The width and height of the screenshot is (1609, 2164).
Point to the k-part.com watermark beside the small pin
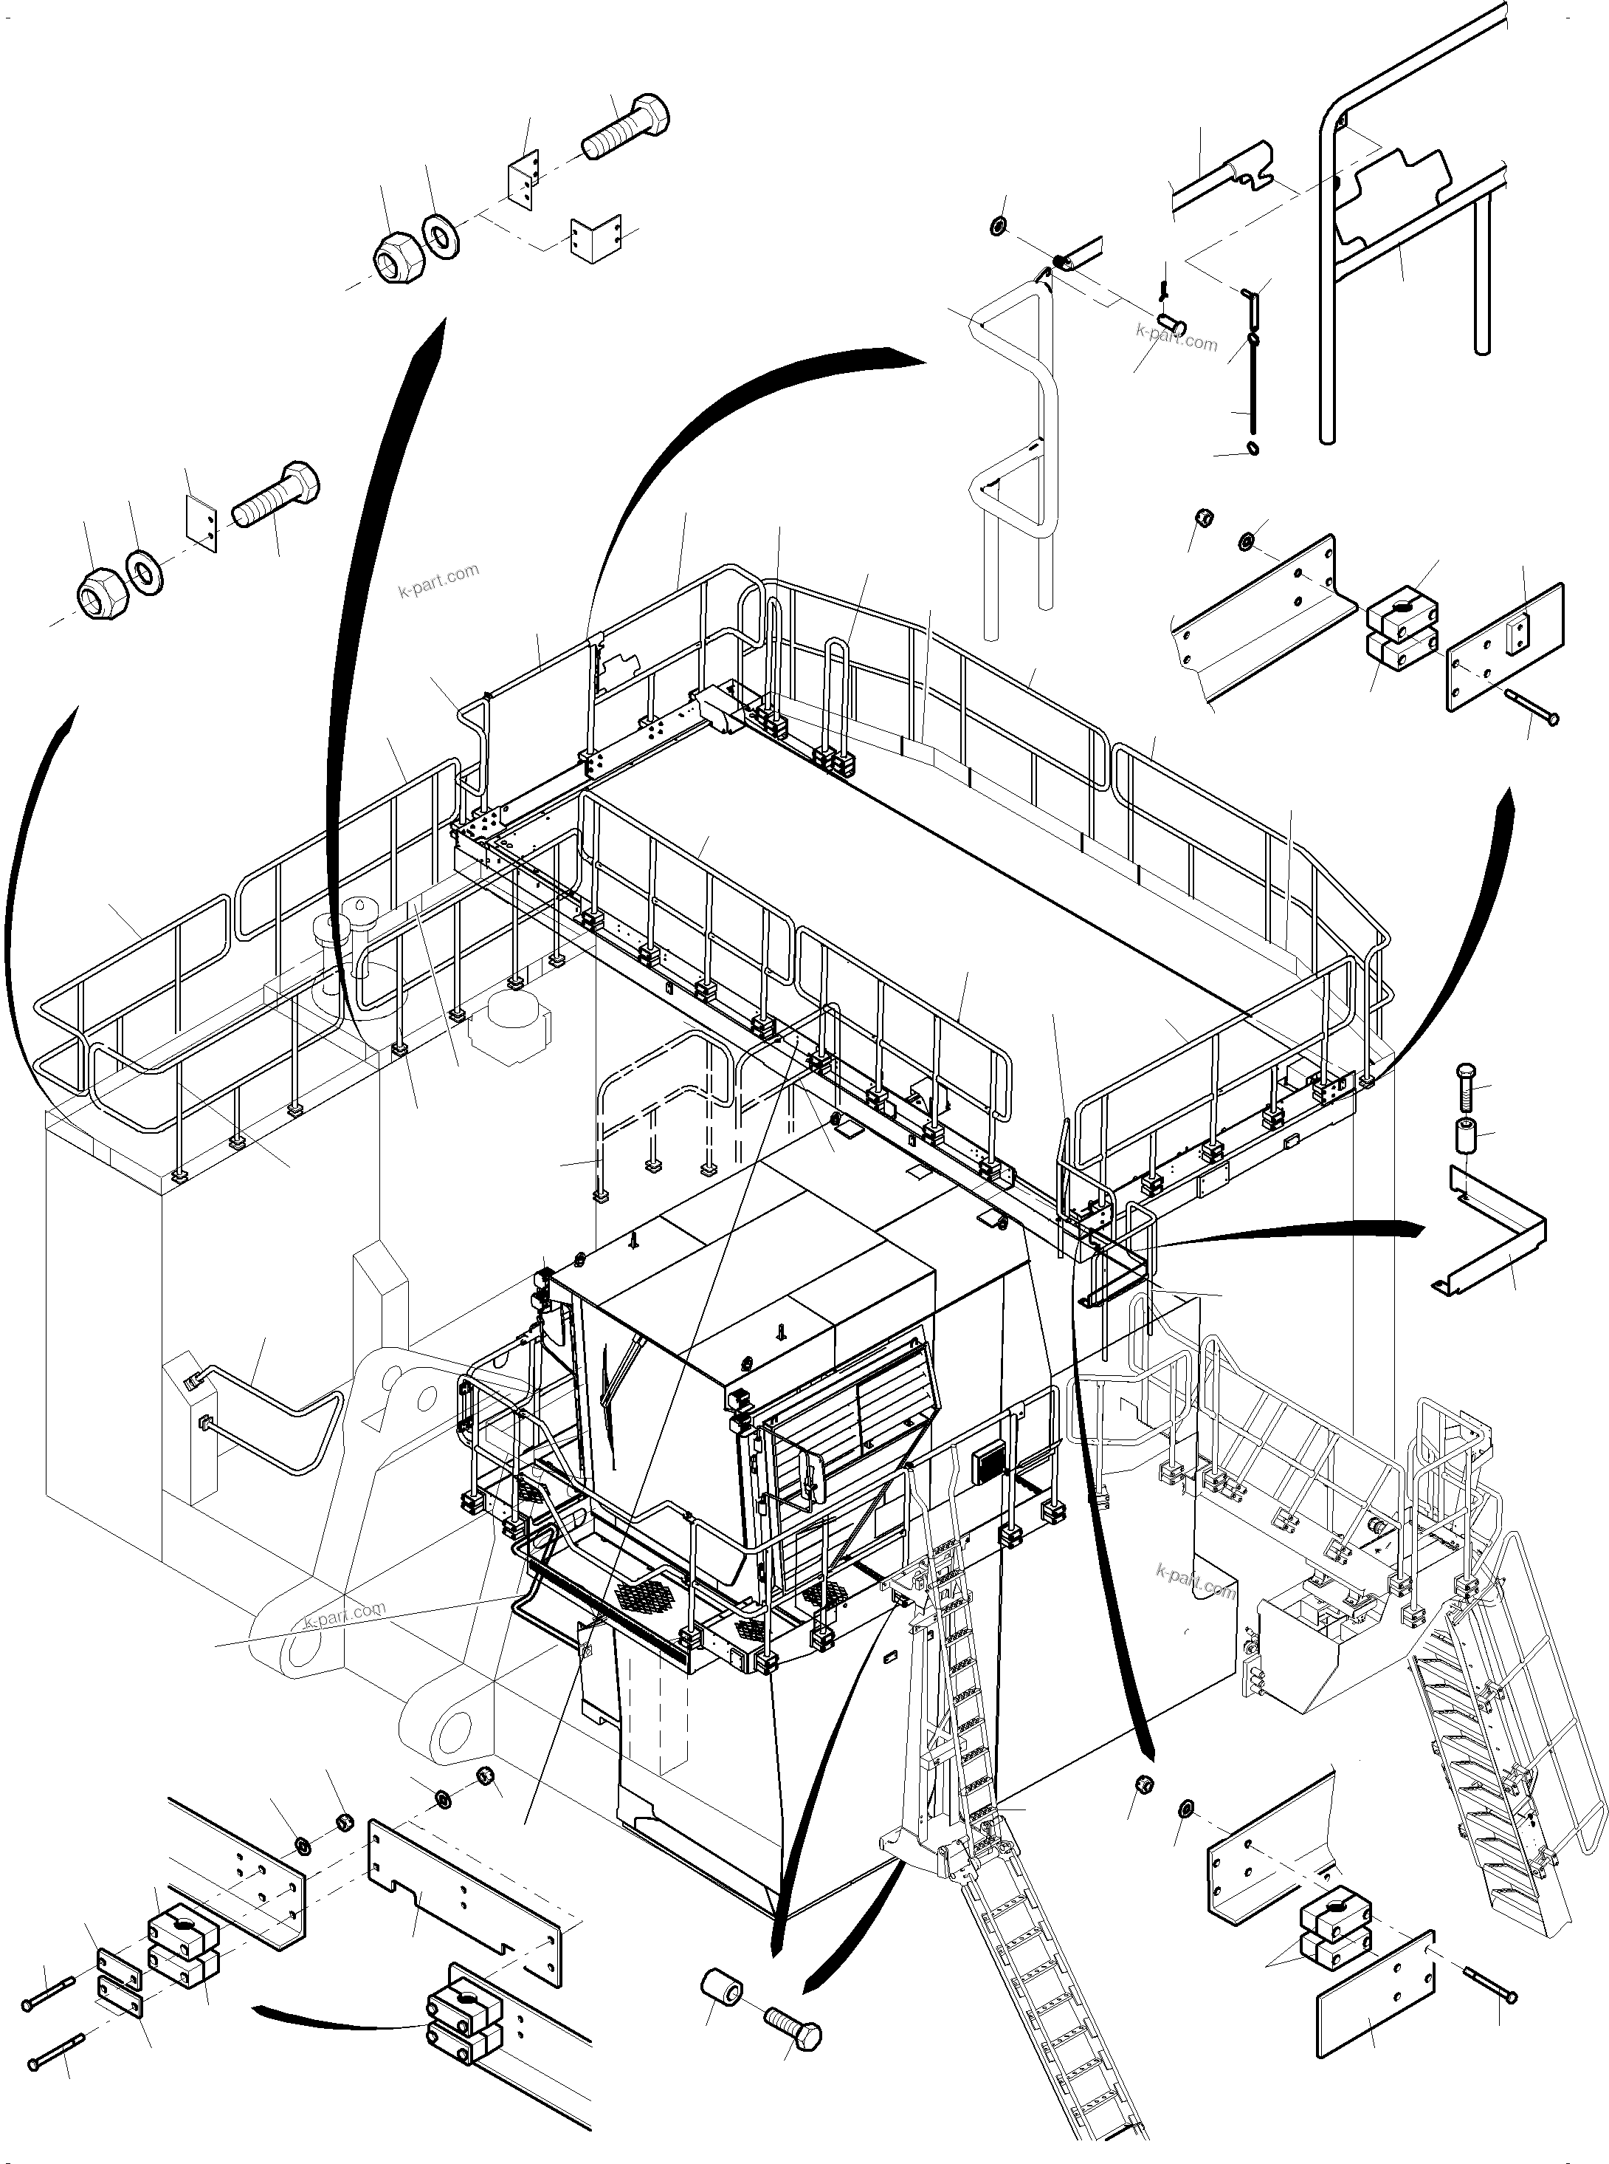tap(1176, 338)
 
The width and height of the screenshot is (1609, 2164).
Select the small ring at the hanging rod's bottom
tap(1253, 448)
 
